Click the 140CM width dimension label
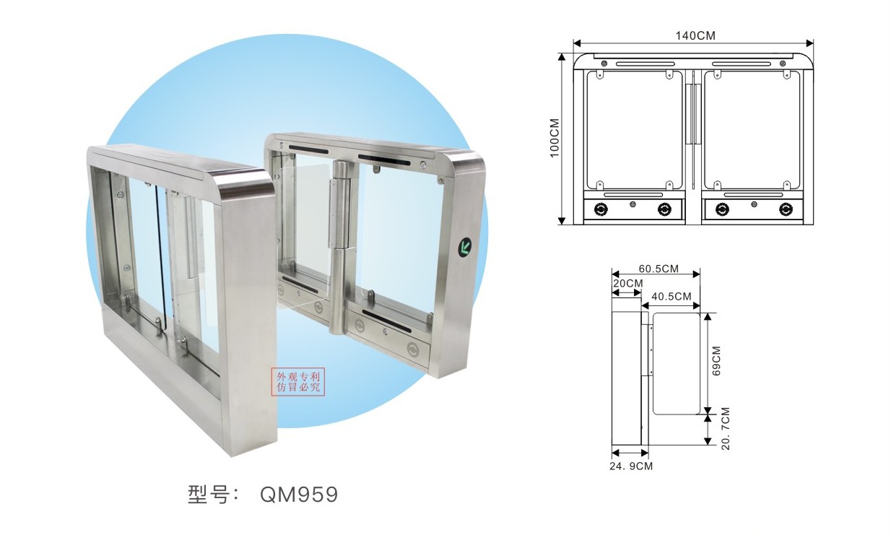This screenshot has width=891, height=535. click(x=695, y=36)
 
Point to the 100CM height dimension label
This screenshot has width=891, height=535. click(x=555, y=138)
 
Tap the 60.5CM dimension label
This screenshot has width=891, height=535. click(x=659, y=269)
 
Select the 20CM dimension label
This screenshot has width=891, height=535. click(x=628, y=283)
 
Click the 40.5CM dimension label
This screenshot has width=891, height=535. click(x=671, y=296)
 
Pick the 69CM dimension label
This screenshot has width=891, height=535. click(x=716, y=361)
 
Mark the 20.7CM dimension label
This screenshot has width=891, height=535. click(x=726, y=428)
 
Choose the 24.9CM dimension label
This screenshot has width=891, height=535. click(x=631, y=466)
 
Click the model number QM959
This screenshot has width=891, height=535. click(x=299, y=495)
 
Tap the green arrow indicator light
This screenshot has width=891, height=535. click(x=464, y=247)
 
